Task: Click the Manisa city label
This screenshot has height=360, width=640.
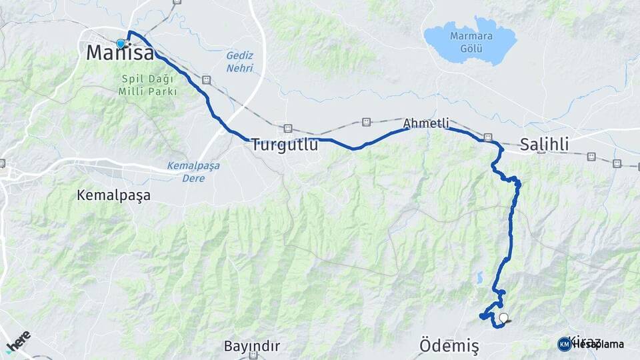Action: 121,53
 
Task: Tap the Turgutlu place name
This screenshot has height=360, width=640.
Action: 285,144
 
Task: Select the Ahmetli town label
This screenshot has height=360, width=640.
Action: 426,123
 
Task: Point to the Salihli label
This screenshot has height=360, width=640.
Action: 545,144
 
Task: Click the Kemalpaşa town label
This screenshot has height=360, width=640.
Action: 113,195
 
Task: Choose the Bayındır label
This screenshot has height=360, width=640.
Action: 251,347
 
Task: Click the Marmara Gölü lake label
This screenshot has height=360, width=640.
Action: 471,43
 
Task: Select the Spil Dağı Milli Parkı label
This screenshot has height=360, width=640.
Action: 147,84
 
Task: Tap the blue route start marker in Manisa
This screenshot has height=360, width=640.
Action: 121,43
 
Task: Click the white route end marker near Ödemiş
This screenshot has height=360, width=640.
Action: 503,318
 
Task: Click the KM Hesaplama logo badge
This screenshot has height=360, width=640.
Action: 591,344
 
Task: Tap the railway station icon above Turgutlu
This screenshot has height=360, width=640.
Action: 288,128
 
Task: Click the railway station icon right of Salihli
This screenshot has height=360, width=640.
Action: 591,157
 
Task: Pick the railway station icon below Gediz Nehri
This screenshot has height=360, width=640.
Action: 207,80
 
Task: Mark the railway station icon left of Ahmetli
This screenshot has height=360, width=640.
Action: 365,122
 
